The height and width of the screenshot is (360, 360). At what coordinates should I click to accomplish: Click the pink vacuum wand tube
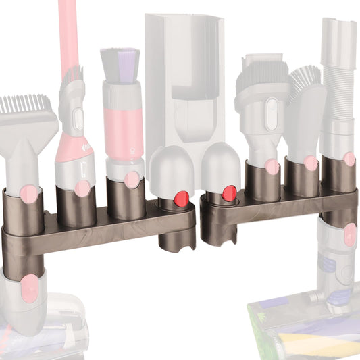click(68, 34)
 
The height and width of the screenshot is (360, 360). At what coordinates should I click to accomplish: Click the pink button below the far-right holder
click(349, 236)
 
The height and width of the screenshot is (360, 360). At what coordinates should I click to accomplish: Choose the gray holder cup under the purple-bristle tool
click(126, 197)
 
